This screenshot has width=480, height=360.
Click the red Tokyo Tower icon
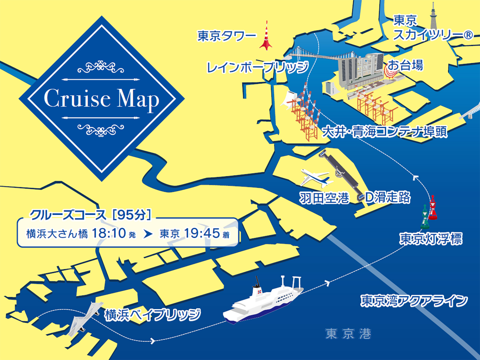(x=266, y=37)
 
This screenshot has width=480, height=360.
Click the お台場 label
(x=405, y=66)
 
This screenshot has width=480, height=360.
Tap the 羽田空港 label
(x=324, y=198)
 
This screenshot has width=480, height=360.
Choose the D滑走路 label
(x=388, y=197)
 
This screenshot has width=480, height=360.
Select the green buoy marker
(x=425, y=216)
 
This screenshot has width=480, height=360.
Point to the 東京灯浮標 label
(x=431, y=239)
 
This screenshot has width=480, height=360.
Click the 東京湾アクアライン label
(x=414, y=301)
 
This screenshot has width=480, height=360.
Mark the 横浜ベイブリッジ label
(x=153, y=315)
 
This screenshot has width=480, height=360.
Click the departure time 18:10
(x=109, y=233)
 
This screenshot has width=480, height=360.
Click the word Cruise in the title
(x=77, y=98)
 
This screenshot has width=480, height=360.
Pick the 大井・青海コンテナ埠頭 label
(x=385, y=131)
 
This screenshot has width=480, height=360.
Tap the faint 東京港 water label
(x=348, y=334)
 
